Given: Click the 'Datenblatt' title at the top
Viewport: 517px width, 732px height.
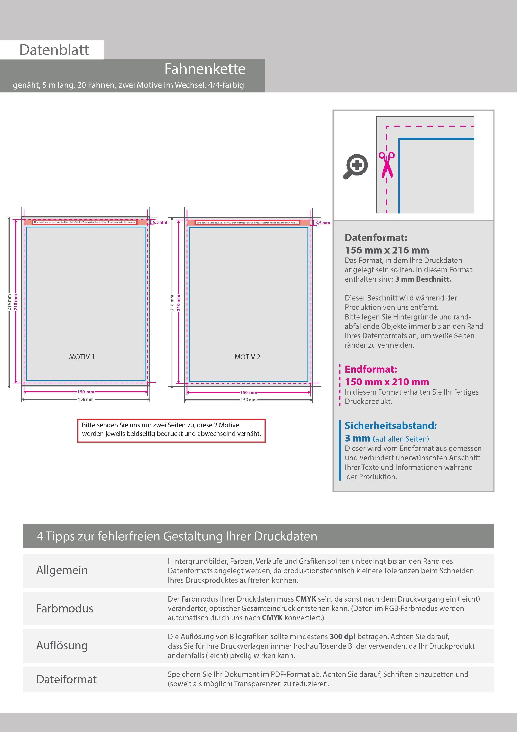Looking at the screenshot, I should (x=54, y=50).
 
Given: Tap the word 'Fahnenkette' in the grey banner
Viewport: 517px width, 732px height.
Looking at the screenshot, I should (x=205, y=69).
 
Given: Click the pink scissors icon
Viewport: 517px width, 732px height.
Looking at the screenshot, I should (x=387, y=164).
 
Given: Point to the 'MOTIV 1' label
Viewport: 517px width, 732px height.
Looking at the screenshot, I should (x=82, y=357).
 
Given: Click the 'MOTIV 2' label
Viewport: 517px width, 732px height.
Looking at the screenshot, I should (x=247, y=357).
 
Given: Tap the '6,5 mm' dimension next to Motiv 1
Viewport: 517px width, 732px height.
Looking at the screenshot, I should (x=160, y=222).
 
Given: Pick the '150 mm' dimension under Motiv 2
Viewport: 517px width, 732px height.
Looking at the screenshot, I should (x=248, y=393).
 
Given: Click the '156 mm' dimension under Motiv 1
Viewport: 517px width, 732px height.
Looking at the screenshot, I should (x=86, y=399).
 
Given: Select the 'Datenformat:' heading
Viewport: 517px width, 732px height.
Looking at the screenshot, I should (x=376, y=237).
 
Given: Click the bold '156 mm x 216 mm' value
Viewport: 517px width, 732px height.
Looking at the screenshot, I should (x=387, y=250).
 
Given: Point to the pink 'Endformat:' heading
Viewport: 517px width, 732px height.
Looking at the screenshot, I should (x=371, y=369).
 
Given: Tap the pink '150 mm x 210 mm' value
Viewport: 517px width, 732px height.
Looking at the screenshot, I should (x=387, y=382).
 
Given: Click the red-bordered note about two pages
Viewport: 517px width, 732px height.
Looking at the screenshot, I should (x=171, y=429).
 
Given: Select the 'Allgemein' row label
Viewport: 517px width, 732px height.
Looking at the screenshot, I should (x=62, y=570).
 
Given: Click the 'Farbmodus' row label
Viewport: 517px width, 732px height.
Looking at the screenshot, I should (x=65, y=608).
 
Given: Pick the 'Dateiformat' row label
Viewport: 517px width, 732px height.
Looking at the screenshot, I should (x=66, y=679).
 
